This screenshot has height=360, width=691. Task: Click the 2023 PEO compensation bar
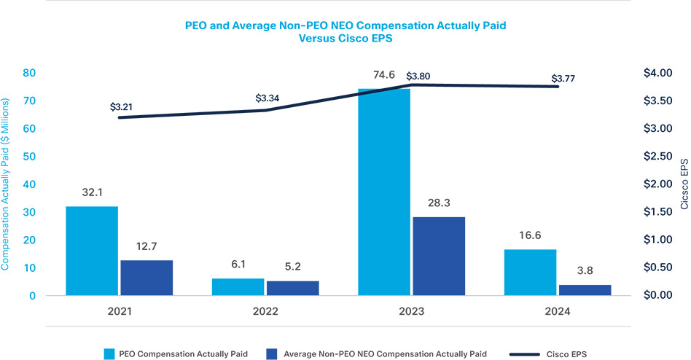(383, 192)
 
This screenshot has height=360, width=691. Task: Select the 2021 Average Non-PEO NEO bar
(147, 278)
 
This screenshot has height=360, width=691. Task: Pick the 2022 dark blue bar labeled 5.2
(292, 288)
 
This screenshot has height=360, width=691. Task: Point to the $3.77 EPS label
(564, 78)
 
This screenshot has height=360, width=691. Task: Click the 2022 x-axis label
(265, 311)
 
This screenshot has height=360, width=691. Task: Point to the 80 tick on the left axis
(29, 73)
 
